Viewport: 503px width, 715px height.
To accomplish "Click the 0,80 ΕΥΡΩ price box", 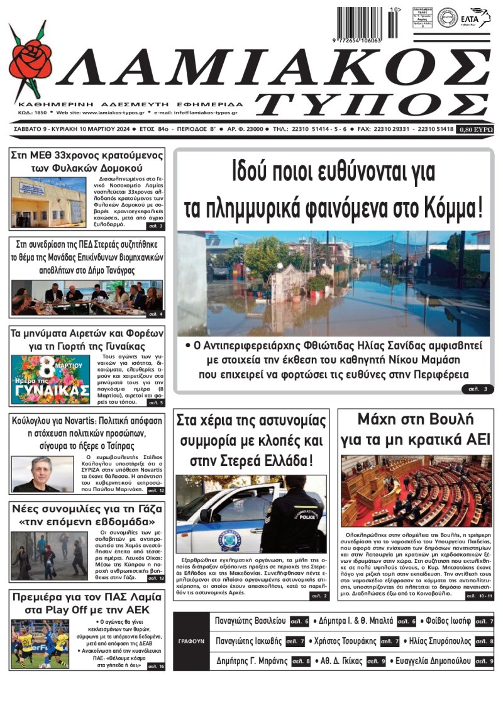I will (476, 130).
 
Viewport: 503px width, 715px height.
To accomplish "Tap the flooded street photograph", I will (333, 283).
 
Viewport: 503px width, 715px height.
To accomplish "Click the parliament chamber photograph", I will (416, 491).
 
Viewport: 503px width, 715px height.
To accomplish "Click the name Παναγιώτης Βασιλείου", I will (250, 621).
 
